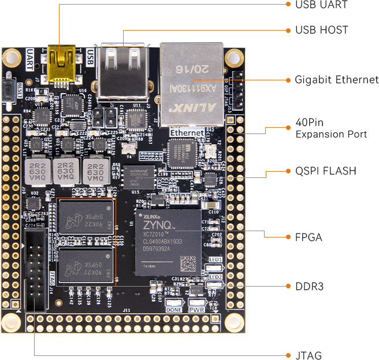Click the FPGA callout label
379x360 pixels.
(308, 237)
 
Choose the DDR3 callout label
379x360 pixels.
(308, 286)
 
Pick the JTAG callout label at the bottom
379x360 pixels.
(308, 355)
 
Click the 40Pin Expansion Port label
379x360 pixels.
(330, 130)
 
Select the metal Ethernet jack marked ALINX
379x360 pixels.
(192, 84)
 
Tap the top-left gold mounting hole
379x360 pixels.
(10, 56)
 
